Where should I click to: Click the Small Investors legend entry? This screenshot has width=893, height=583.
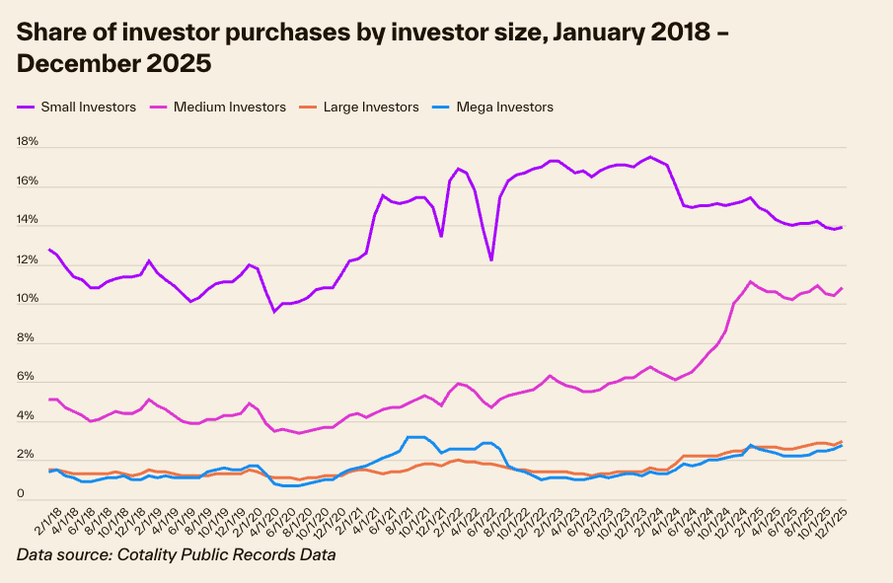[88, 107]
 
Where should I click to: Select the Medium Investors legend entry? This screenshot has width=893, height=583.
[228, 107]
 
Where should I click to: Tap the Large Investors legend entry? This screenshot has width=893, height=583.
[370, 107]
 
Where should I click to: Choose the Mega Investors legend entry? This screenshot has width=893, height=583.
[504, 107]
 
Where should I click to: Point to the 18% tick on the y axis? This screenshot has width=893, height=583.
[27, 142]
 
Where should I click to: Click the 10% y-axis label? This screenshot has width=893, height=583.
[27, 299]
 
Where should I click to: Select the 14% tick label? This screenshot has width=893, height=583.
[27, 220]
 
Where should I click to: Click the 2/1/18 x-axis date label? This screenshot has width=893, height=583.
[41, 521]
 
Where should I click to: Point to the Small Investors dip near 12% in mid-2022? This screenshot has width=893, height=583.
[490, 259]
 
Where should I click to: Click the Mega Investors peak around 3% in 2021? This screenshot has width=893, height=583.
[416, 437]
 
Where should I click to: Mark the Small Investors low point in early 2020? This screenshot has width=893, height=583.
[274, 312]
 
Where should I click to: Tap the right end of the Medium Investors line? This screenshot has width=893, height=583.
[841, 288]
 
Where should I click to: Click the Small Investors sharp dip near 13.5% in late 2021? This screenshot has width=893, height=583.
[440, 236]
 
